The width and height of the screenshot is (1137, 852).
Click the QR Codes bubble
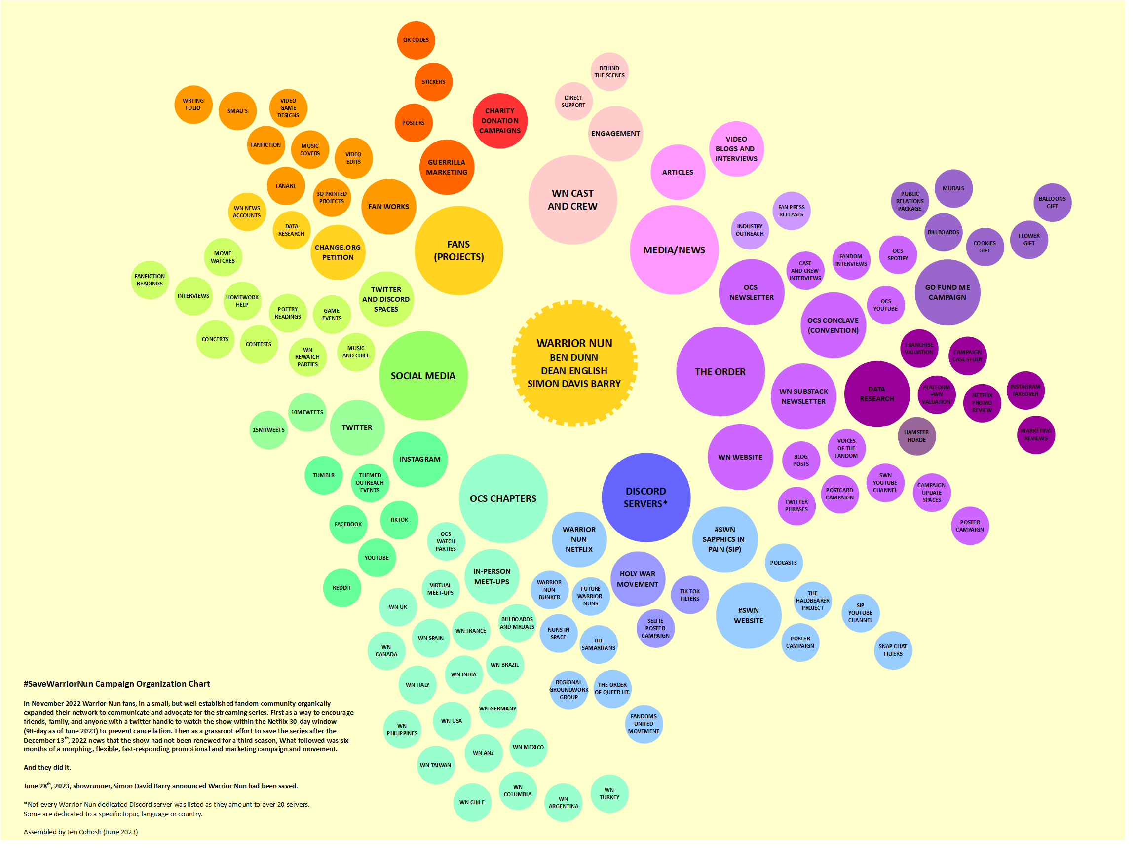click(x=416, y=40)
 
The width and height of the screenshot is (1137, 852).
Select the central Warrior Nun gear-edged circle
click(x=574, y=363)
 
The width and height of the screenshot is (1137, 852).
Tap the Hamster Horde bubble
click(x=916, y=436)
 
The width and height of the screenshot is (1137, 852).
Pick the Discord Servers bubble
click(x=645, y=497)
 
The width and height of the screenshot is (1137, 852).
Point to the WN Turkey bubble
click(x=609, y=793)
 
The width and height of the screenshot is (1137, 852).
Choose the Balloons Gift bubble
click(x=1052, y=202)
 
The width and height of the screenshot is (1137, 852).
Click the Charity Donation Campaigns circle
click(x=499, y=121)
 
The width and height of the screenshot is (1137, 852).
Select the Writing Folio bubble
click(x=193, y=104)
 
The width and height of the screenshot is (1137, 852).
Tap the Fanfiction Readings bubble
click(x=150, y=280)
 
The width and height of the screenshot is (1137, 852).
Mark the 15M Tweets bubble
click(x=268, y=430)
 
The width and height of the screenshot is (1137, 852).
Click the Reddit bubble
click(x=342, y=588)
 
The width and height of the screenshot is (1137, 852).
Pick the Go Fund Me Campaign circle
click(x=947, y=292)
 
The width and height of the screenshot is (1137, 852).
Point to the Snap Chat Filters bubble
click(x=893, y=650)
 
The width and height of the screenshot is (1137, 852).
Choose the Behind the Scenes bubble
click(x=609, y=71)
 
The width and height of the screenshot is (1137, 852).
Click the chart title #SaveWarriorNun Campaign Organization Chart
click(x=116, y=684)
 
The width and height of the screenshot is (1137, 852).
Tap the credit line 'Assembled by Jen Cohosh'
click(x=81, y=832)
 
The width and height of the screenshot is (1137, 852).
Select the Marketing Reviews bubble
click(x=1036, y=434)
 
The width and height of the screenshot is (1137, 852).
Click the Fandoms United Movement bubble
click(x=644, y=724)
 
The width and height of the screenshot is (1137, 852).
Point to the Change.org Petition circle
click(x=338, y=252)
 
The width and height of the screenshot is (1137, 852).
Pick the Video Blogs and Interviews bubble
click(x=736, y=149)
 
